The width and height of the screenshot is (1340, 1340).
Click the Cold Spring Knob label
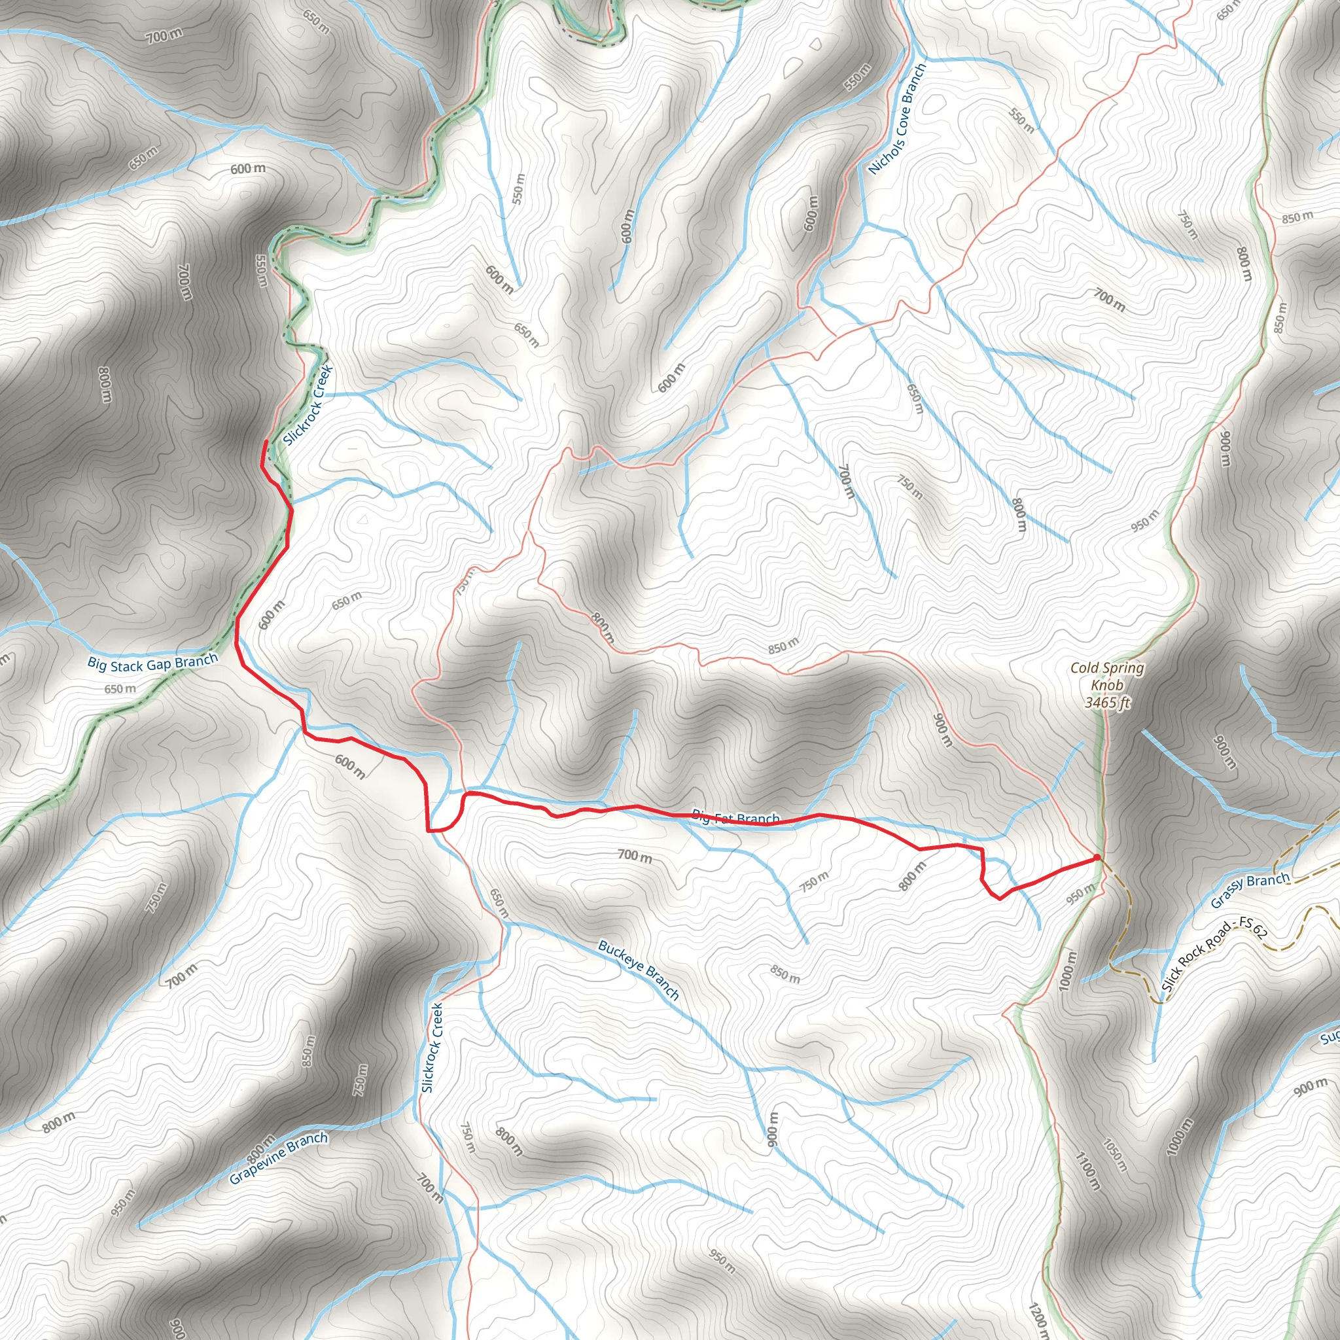tap(1107, 677)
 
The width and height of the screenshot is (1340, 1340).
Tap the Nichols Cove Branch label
tap(898, 119)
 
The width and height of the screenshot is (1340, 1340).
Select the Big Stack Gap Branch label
tap(152, 662)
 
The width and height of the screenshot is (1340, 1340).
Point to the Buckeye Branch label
tap(638, 970)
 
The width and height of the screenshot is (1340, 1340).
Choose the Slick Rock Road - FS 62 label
tap(1213, 955)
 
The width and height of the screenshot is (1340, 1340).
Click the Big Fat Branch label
tap(736, 819)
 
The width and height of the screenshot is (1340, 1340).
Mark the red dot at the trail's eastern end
tap(1097, 858)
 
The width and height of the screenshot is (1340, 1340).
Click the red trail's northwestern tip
tap(266, 442)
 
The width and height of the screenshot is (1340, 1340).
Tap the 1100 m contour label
tap(1087, 1171)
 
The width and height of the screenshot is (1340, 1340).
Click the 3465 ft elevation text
tap(1108, 703)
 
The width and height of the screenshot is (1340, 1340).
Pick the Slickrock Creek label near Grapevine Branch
tap(431, 1048)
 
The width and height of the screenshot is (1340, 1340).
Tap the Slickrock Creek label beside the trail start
tap(309, 406)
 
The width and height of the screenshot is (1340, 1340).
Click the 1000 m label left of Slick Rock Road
tap(1069, 970)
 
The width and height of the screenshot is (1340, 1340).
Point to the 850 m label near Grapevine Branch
tap(309, 1051)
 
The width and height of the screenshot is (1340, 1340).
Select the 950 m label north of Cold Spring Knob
tap(1144, 520)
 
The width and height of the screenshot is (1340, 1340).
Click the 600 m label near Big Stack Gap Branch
tap(271, 615)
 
